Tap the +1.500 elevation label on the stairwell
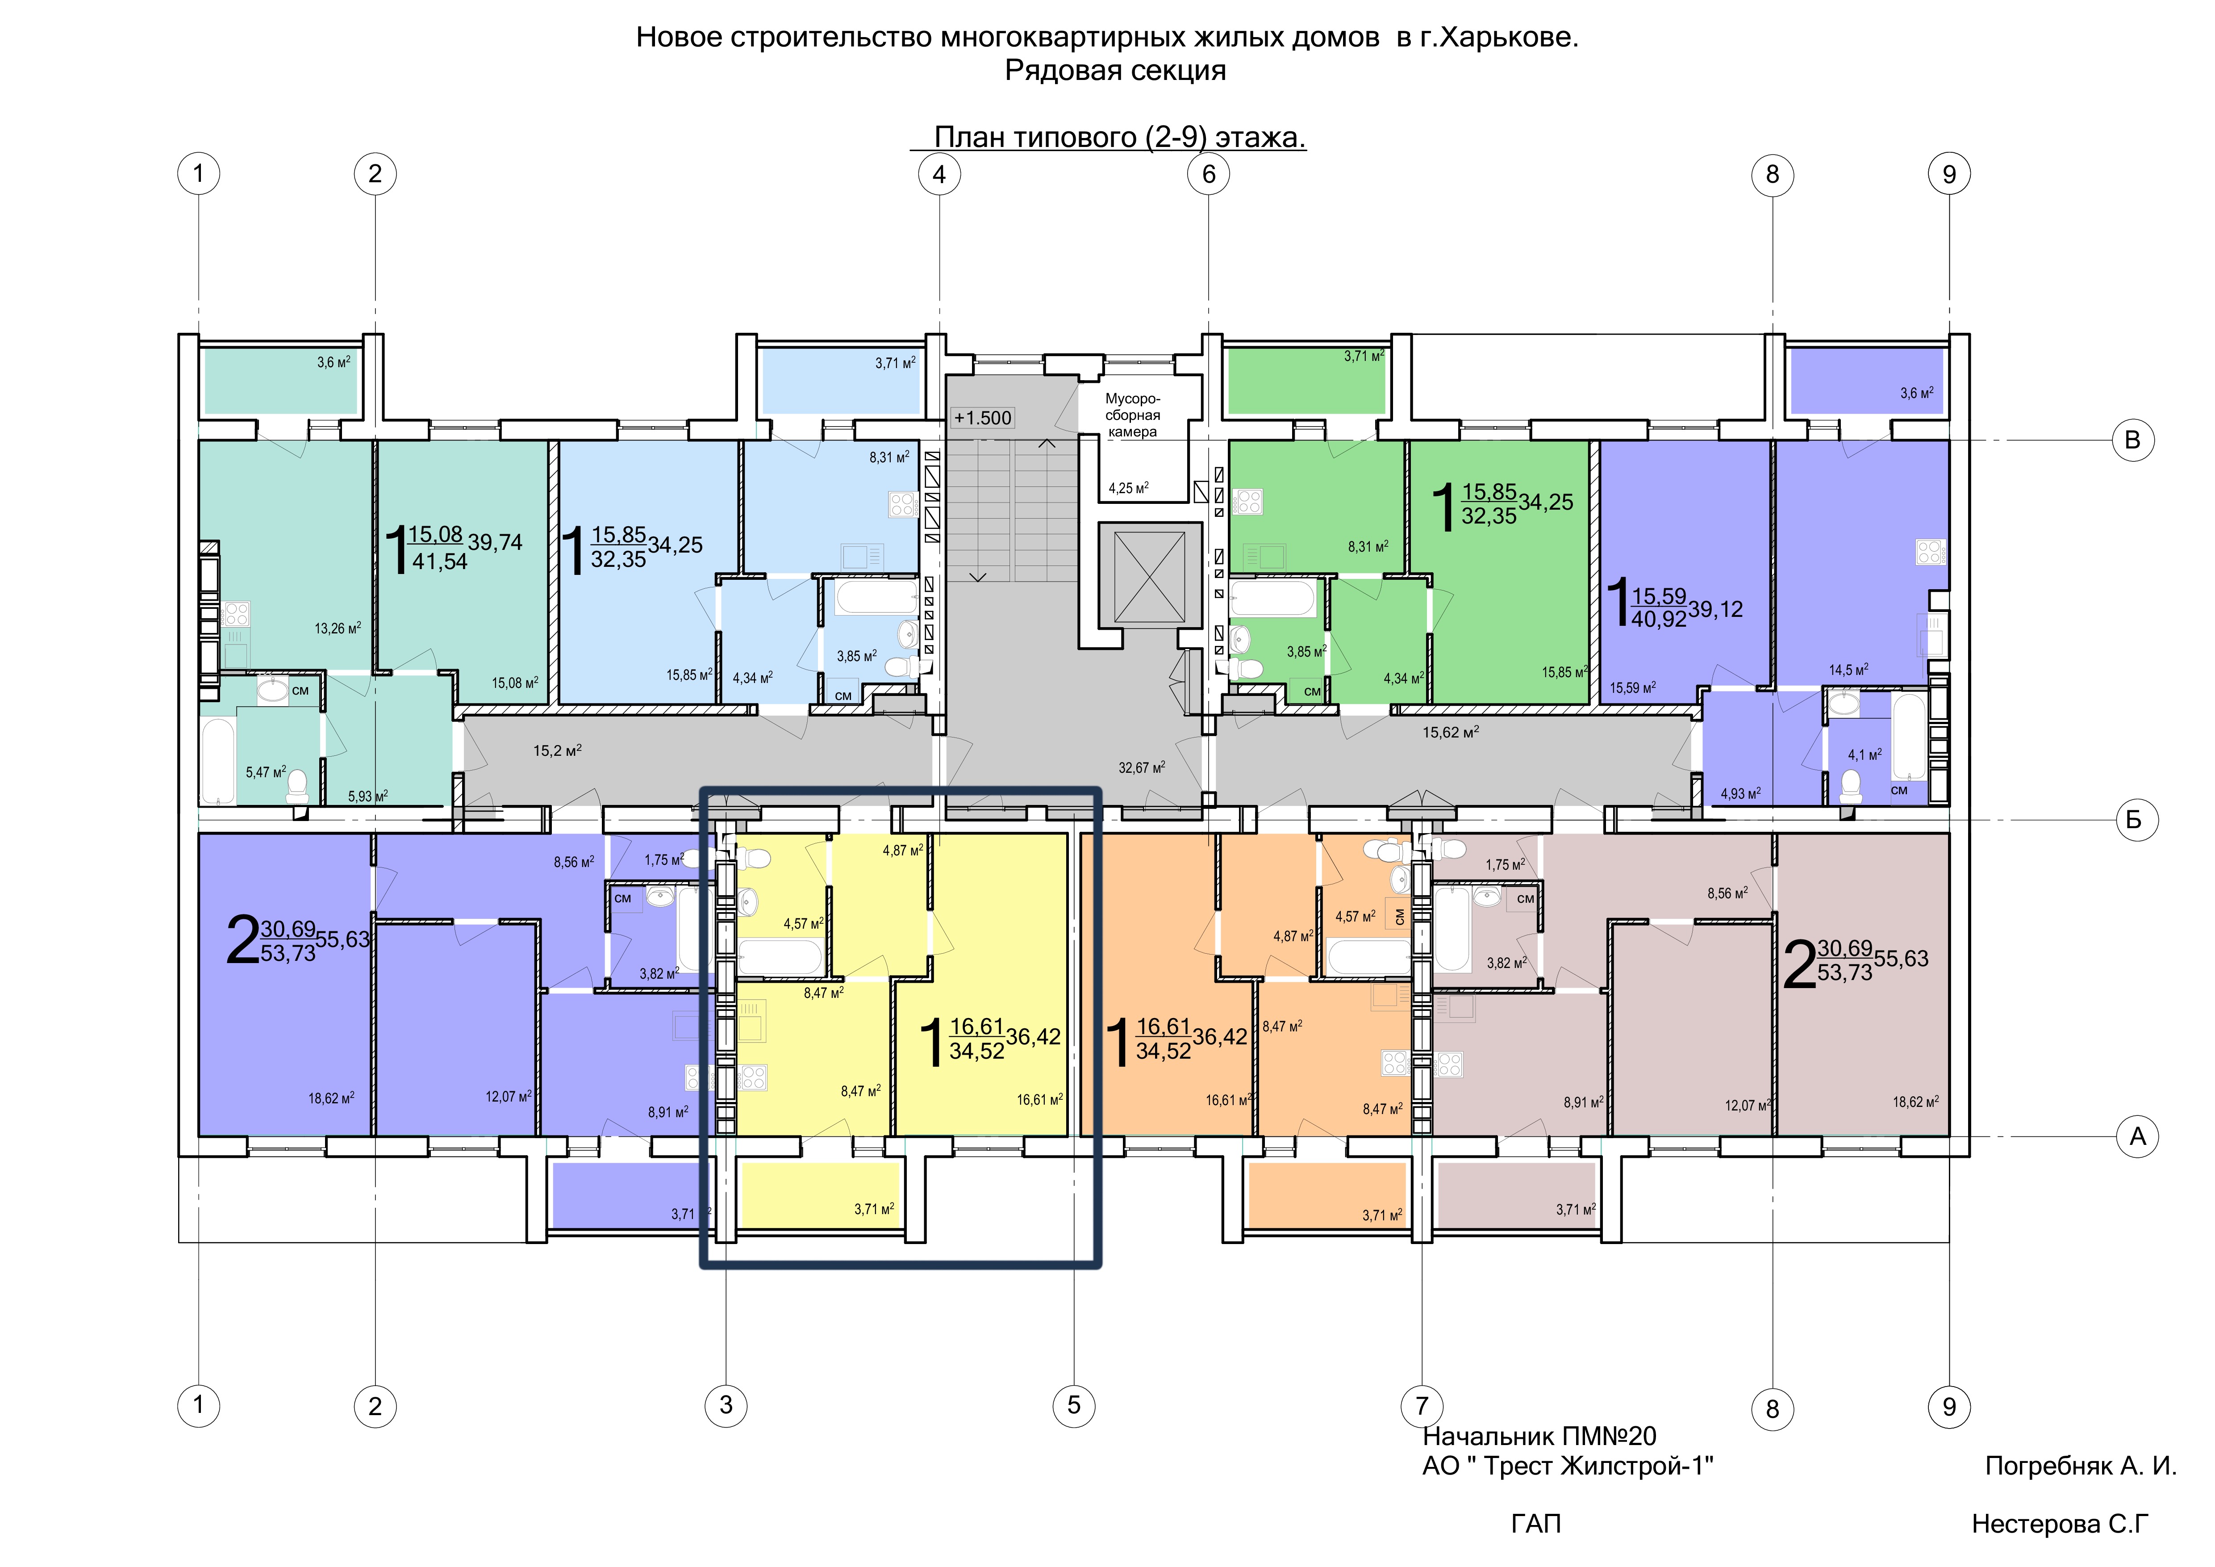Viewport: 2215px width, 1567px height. [982, 418]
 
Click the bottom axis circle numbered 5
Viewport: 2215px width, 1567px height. [1074, 1405]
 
